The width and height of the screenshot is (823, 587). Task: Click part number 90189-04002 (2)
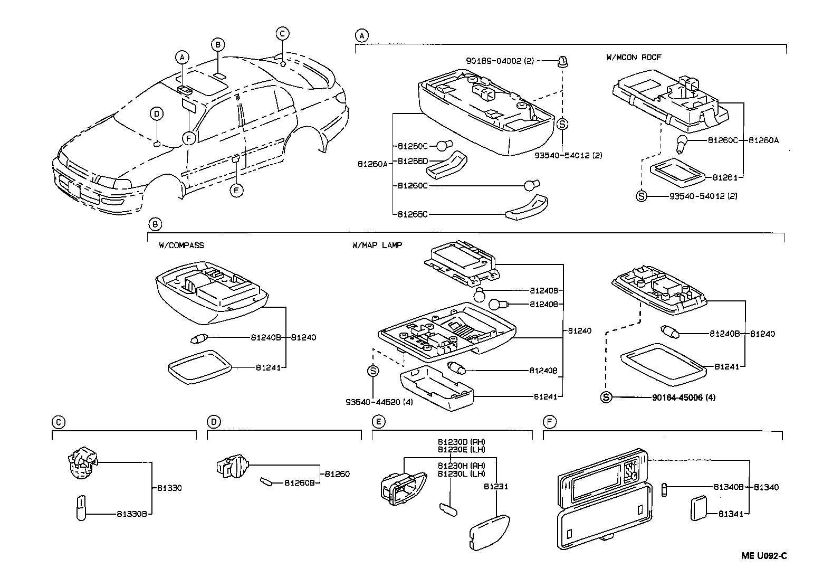coord(500,61)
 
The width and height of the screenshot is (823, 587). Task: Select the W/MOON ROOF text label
coord(633,57)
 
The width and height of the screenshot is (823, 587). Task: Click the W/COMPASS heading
coord(181,245)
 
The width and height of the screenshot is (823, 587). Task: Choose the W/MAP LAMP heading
coord(377,245)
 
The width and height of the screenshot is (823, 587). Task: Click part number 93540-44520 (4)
coord(379,402)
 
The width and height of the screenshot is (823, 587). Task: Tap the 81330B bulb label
coord(131,513)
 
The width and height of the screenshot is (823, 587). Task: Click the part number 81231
coord(495,486)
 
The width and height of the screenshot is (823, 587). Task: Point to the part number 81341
coord(729,513)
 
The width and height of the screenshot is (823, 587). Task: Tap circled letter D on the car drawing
coord(157,113)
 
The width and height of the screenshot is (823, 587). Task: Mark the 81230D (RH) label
coord(461,442)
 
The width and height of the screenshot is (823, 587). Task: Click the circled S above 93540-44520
coord(372,371)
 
